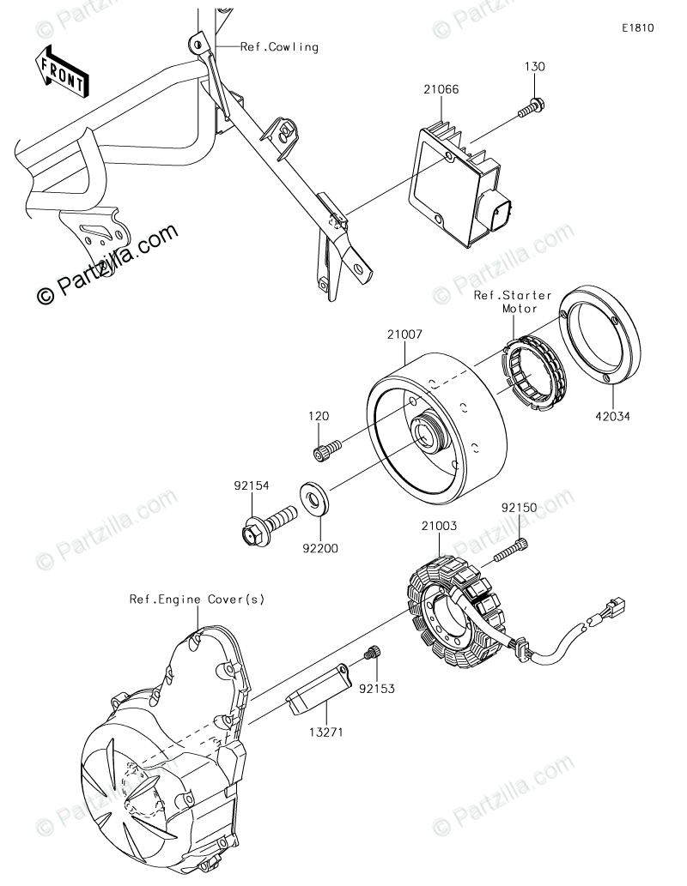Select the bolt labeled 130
[530, 109]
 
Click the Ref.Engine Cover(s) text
[198, 600]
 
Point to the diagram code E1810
[639, 27]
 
